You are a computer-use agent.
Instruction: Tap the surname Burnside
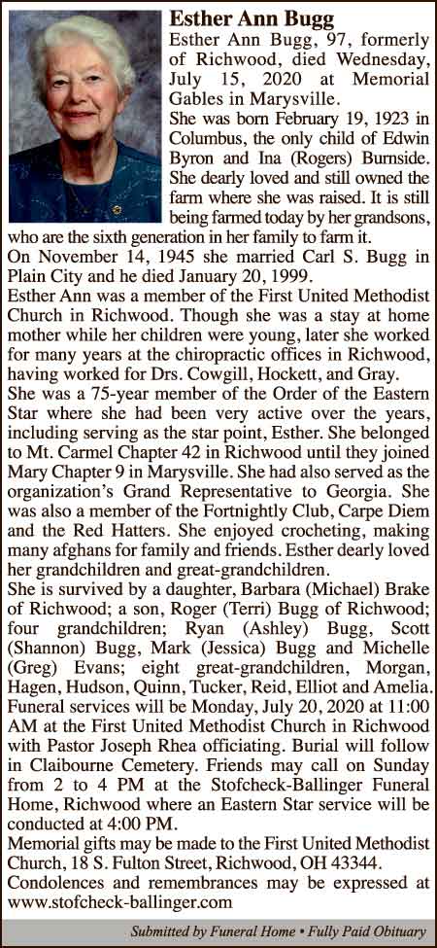[x=390, y=158]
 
